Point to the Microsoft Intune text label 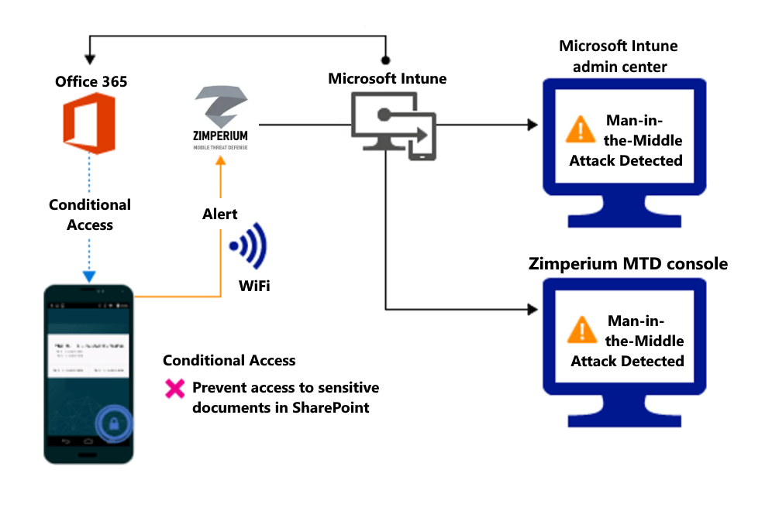pyautogui.click(x=387, y=78)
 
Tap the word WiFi pyautogui.click(x=254, y=287)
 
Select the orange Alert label pyautogui.click(x=220, y=214)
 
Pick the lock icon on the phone pyautogui.click(x=114, y=424)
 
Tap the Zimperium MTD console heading pyautogui.click(x=628, y=264)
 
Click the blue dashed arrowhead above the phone pyautogui.click(x=89, y=276)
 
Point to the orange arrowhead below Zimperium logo pyautogui.click(x=221, y=160)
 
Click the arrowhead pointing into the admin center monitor pyautogui.click(x=532, y=125)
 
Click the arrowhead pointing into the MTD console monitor pyautogui.click(x=532, y=310)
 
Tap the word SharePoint pyautogui.click(x=329, y=407)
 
